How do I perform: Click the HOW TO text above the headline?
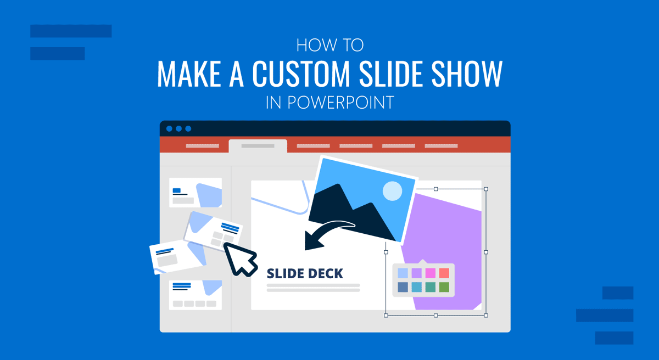point(329,46)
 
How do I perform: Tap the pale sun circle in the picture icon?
point(392,191)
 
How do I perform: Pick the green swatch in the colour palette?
point(444,287)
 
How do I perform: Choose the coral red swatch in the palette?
point(444,273)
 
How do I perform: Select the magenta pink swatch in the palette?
point(430,273)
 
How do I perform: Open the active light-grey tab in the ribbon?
point(258,146)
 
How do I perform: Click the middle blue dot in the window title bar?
point(178,128)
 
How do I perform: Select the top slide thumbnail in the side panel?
point(196,193)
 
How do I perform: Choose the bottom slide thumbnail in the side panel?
point(196,295)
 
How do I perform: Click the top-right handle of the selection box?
point(486,189)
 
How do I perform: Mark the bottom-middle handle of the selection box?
point(436,316)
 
